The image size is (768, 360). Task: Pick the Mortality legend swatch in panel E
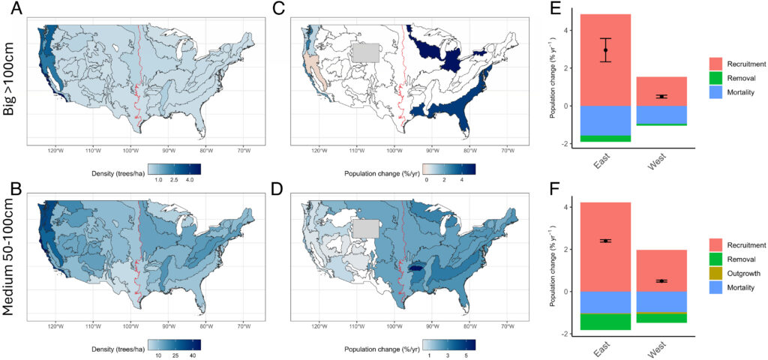click(x=715, y=91)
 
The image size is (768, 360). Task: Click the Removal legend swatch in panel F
click(x=715, y=259)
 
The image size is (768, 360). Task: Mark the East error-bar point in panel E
click(x=605, y=50)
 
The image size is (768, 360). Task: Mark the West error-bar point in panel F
click(x=661, y=281)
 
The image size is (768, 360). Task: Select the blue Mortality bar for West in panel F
click(x=661, y=301)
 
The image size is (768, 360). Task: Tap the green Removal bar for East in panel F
click(x=605, y=322)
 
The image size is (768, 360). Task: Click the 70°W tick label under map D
click(x=507, y=328)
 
